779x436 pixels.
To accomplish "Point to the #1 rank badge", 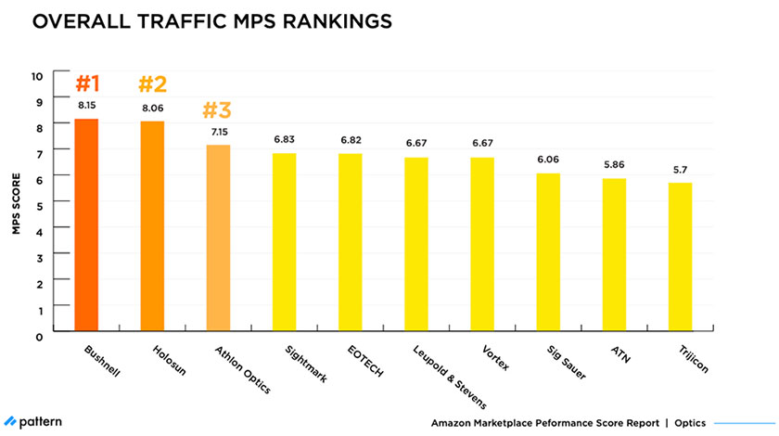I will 87,84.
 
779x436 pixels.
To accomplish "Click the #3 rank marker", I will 216,110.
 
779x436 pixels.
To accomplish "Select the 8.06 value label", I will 153,108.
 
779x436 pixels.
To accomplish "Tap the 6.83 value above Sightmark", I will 285,139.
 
